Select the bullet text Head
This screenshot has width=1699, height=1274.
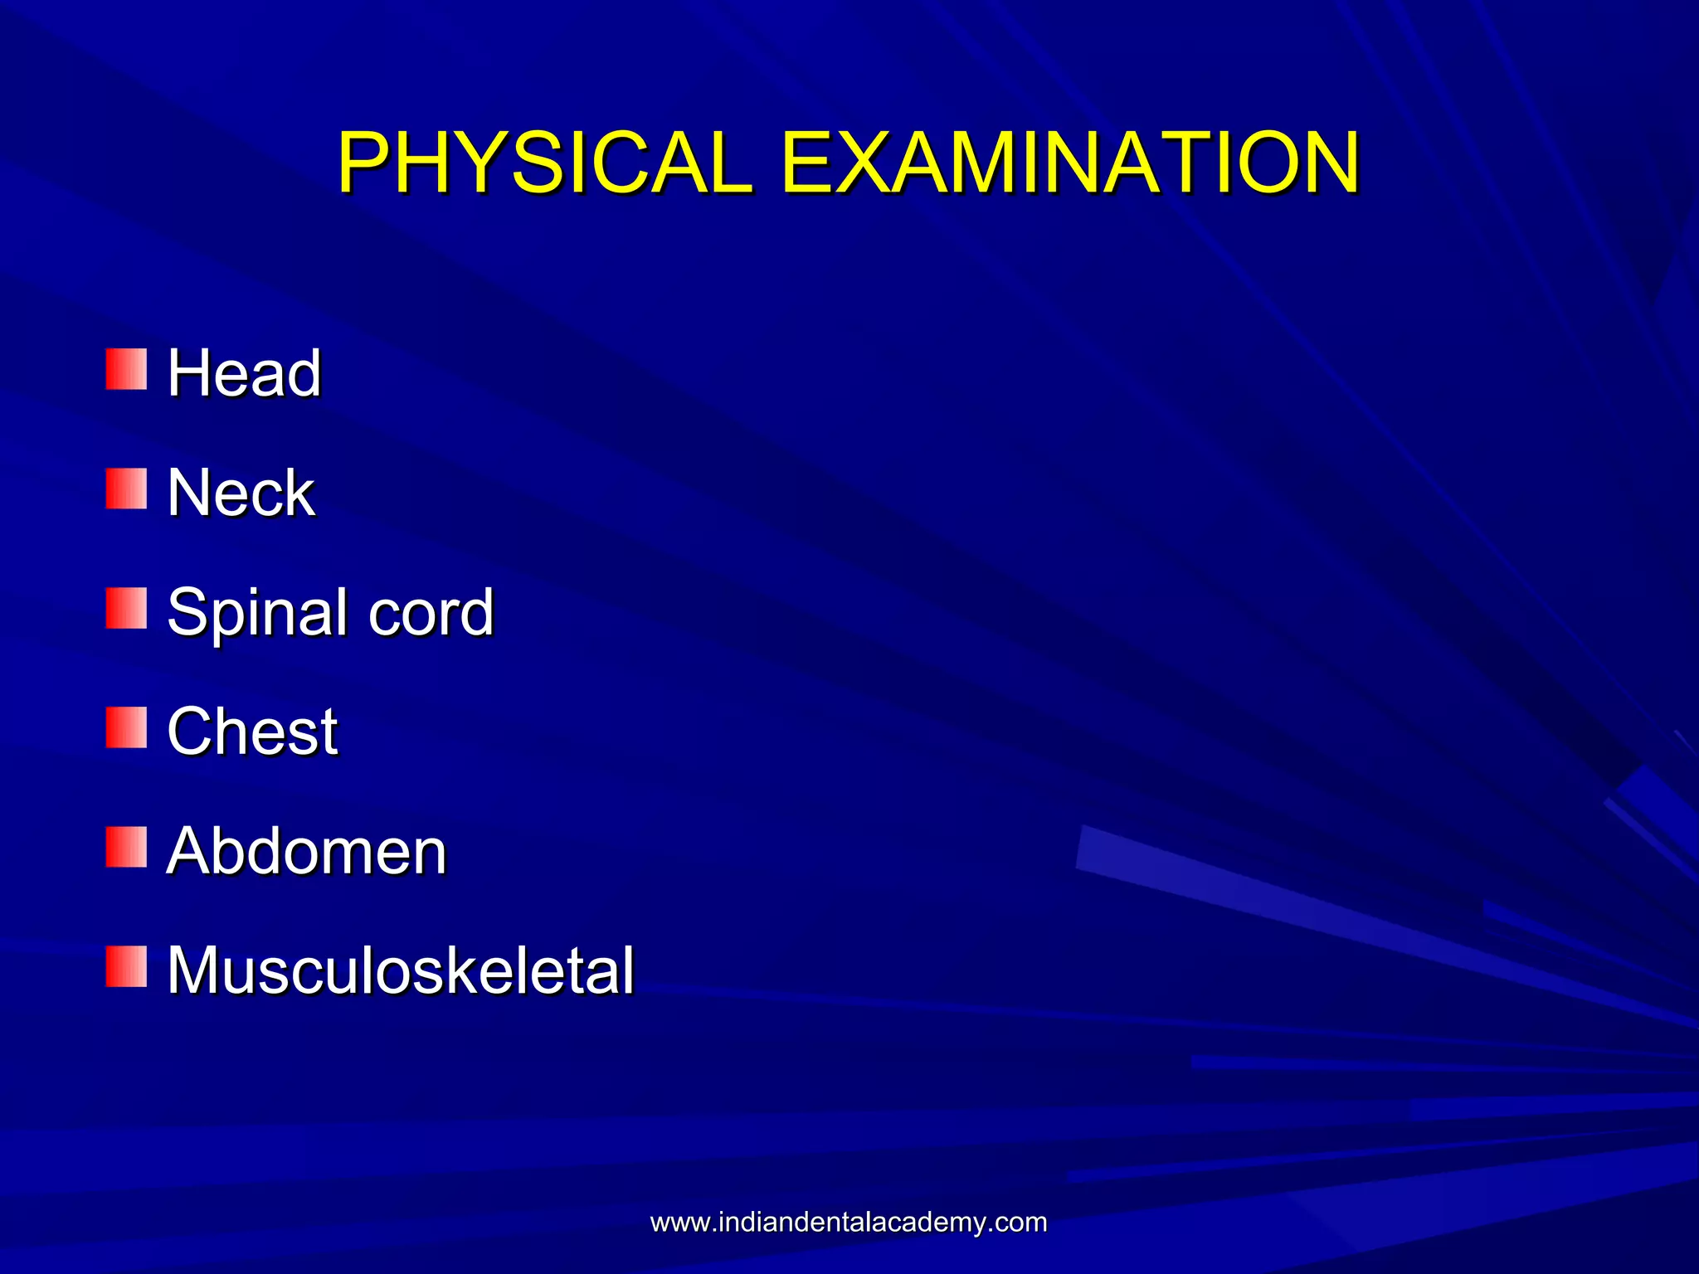coord(244,373)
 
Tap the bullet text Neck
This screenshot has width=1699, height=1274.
coord(241,493)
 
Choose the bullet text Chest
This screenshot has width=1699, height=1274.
coord(252,732)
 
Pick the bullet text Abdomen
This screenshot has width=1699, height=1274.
coord(306,851)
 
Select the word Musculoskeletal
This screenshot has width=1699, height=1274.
coord(401,970)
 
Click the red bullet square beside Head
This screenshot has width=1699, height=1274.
coord(126,369)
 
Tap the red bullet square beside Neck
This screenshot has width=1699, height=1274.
coord(126,489)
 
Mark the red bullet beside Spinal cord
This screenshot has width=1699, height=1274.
coord(126,608)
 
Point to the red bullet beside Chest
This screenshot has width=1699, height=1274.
coord(126,727)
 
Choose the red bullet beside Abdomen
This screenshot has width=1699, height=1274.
coord(126,847)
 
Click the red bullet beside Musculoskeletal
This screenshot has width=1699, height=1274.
coord(126,966)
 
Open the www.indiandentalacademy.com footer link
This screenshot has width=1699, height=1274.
coord(849,1223)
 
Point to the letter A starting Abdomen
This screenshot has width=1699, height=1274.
coord(188,851)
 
